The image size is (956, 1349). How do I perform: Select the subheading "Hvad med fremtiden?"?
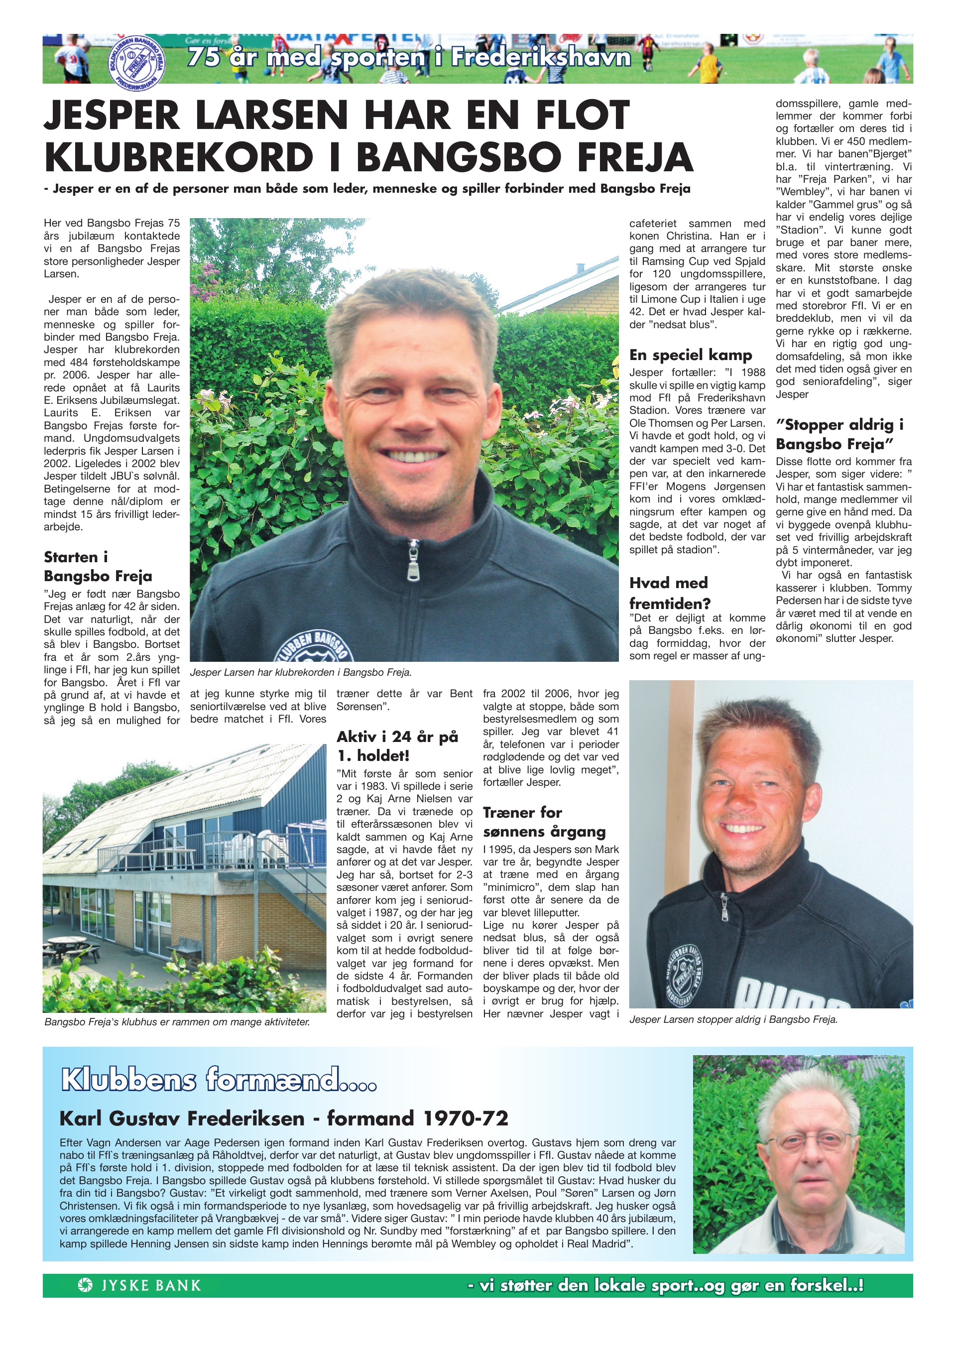click(x=669, y=593)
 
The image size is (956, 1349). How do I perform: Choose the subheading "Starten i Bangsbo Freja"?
click(x=98, y=566)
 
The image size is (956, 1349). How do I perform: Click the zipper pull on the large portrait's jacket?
click(x=410, y=566)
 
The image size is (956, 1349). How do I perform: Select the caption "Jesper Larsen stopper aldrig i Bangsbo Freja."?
click(x=732, y=1019)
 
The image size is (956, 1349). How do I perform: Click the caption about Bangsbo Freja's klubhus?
click(x=177, y=1022)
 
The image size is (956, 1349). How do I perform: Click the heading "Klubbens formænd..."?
click(x=218, y=1081)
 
